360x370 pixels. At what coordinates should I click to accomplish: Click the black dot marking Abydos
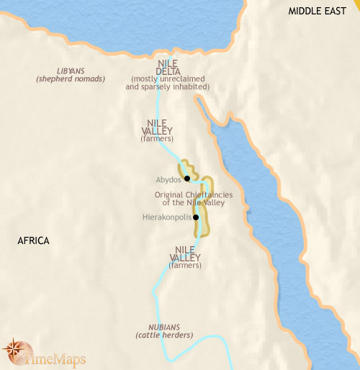(x=186, y=178)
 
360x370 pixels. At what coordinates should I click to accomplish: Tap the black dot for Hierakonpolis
(x=196, y=217)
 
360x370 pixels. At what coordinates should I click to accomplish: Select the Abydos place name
(x=168, y=180)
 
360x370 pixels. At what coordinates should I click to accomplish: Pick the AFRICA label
(x=33, y=240)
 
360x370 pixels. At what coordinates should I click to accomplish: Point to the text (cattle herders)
(x=164, y=335)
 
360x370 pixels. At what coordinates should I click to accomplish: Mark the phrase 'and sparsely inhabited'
(x=167, y=87)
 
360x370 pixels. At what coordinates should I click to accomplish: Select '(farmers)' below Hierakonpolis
(x=186, y=266)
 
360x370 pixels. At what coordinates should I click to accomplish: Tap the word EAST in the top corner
(x=340, y=11)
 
